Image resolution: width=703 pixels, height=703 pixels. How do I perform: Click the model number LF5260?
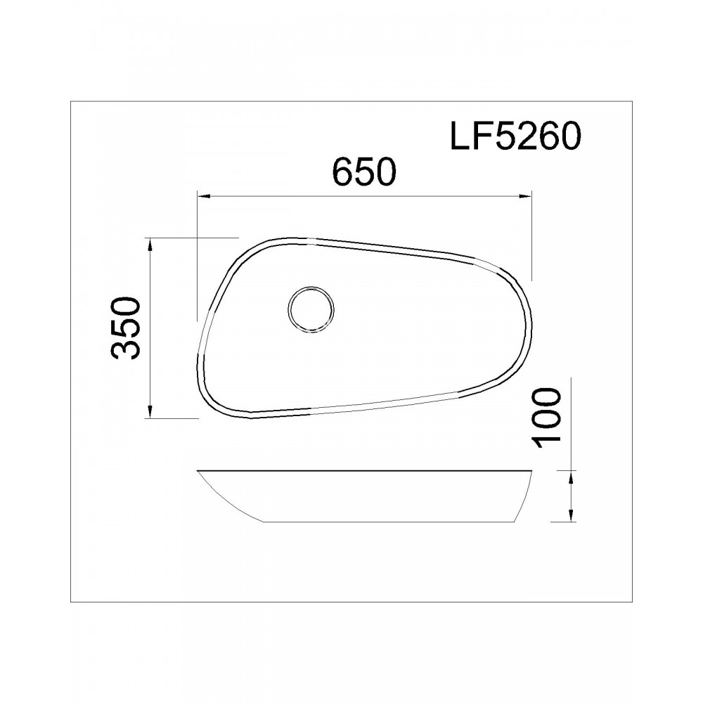coord(515,136)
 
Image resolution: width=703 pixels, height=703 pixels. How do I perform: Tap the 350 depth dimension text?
coord(127,328)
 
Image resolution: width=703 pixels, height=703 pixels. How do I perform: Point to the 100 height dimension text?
coord(547,418)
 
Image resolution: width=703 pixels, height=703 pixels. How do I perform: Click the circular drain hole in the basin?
coord(311,309)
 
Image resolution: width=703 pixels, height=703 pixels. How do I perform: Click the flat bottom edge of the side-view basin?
coord(387,522)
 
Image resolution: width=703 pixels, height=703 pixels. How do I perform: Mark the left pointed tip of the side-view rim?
coord(199,470)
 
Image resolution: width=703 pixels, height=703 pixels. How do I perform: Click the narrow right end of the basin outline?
coord(529,330)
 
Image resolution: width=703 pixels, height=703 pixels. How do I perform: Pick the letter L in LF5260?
coord(460,136)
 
